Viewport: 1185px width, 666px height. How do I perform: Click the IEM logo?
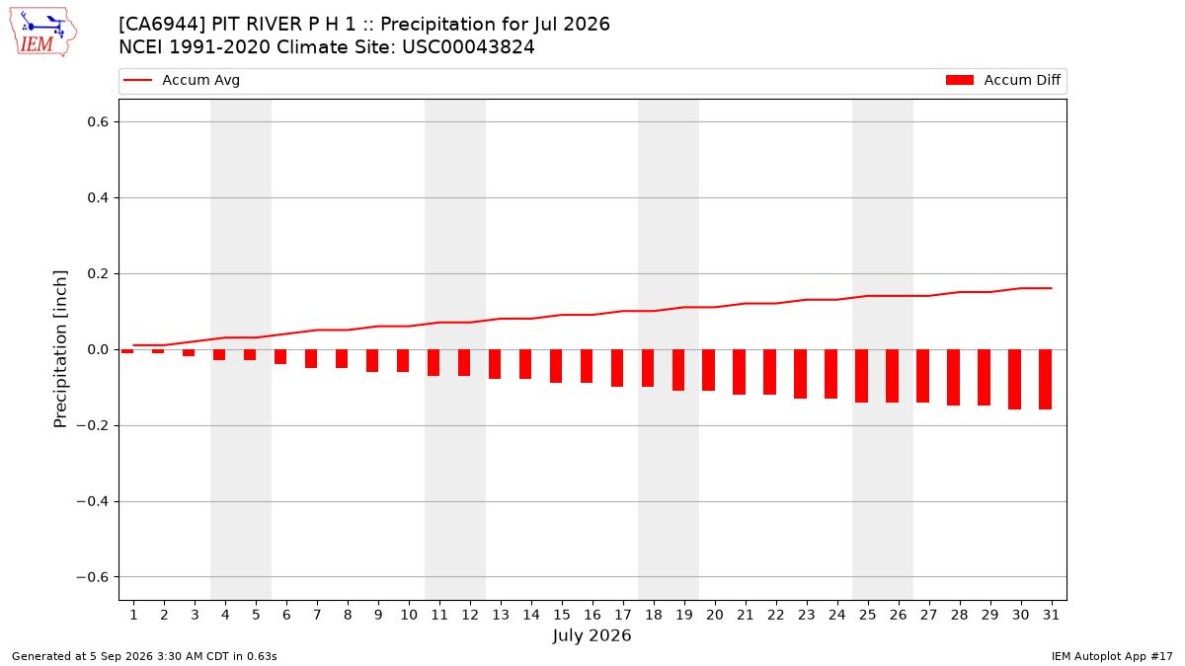click(42, 32)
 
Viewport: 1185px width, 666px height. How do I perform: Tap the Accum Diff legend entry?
click(1003, 80)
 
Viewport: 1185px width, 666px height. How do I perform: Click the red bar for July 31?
click(1045, 380)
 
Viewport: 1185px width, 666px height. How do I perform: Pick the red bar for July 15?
click(555, 366)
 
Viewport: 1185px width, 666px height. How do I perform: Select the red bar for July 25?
click(861, 376)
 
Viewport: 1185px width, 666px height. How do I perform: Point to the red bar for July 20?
click(708, 370)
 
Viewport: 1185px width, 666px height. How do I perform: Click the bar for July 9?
click(372, 360)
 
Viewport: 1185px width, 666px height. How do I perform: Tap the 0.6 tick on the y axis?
click(98, 122)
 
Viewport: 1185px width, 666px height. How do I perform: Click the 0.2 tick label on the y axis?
click(98, 274)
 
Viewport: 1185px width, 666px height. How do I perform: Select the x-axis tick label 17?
click(623, 615)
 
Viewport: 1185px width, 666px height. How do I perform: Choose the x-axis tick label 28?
click(959, 615)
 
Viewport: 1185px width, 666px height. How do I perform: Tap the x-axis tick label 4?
click(225, 615)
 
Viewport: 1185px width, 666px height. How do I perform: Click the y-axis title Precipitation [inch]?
click(60, 349)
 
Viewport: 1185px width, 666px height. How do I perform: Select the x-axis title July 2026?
click(592, 635)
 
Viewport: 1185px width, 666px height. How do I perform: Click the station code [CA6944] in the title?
click(162, 25)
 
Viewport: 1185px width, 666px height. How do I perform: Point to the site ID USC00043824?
click(468, 47)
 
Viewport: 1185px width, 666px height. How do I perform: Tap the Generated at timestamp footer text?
click(144, 656)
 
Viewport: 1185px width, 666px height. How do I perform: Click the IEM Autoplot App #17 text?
click(1112, 656)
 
